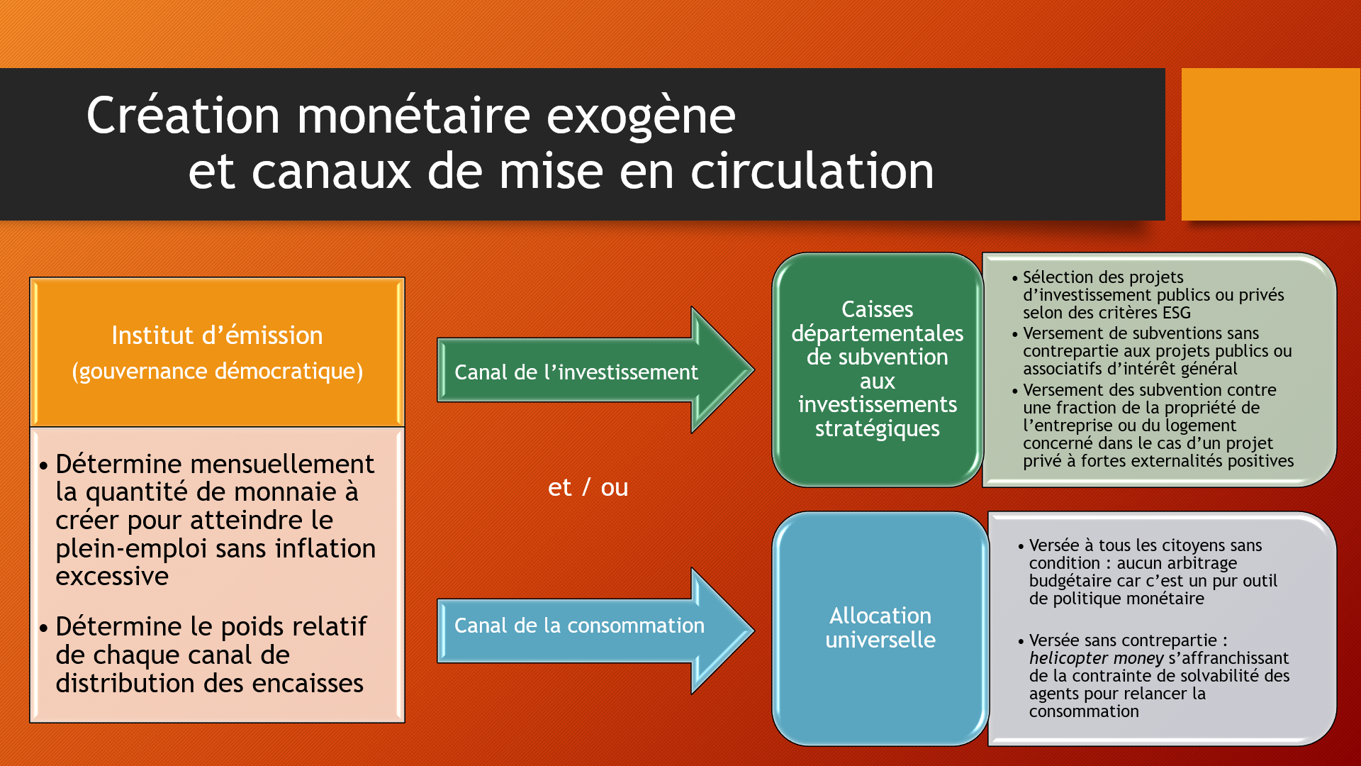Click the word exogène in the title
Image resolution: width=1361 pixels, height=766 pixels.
pos(641,116)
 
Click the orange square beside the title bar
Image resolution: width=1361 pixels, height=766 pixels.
pos(1270,144)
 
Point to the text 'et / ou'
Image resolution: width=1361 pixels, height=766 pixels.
pos(588,487)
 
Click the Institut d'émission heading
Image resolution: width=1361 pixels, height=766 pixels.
pos(217,335)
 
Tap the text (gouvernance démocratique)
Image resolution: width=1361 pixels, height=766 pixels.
pos(217,371)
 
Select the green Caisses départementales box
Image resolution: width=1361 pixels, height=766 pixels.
pos(877,369)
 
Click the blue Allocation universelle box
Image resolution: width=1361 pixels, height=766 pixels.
pos(880,628)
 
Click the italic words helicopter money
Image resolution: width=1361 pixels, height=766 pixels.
pos(1096,658)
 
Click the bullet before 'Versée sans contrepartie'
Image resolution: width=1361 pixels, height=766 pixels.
pos(1021,641)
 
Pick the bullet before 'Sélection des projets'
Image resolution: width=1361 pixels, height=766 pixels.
pos(1015,278)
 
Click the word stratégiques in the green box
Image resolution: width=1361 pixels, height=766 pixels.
pos(877,428)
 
